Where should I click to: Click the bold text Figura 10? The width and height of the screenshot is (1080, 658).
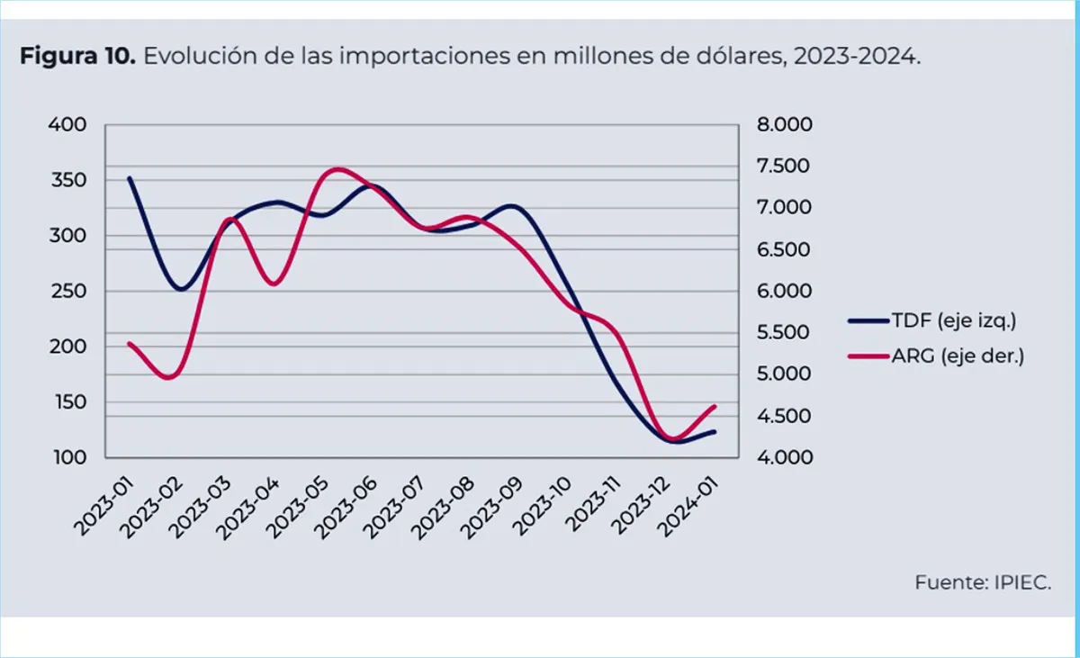76,57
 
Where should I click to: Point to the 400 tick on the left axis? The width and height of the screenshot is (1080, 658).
68,125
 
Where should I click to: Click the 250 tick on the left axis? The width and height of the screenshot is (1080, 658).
68,292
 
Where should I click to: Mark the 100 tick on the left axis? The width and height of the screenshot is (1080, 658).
68,457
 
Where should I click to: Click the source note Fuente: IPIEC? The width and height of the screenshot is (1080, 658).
983,582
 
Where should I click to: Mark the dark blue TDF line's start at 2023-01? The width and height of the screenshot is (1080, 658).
130,178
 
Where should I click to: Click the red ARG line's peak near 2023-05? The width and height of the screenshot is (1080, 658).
337,168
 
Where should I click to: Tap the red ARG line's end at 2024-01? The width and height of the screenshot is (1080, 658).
715,406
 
